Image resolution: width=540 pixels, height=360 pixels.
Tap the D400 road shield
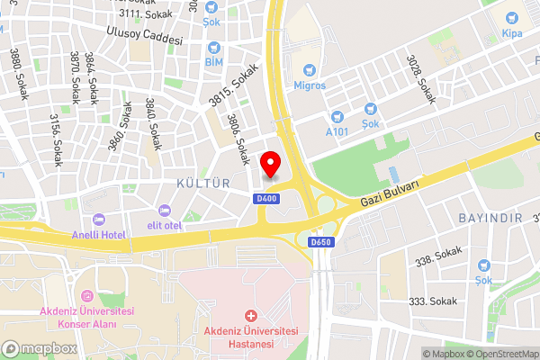tap(265, 199)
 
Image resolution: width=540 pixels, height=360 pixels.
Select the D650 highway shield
tap(320, 243)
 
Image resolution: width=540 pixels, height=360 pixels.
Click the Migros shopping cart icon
tap(309, 68)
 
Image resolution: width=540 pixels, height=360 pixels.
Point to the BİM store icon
tap(213, 47)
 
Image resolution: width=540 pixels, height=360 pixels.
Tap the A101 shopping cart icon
tap(337, 116)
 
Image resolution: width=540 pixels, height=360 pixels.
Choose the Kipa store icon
tap(511, 18)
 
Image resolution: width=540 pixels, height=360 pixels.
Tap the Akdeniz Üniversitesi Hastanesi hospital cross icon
tap(249, 316)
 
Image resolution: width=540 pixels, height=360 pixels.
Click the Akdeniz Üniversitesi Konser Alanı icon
tap(87, 296)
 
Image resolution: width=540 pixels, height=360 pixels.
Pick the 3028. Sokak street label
tap(426, 78)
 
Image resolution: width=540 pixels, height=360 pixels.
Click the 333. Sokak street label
tap(432, 301)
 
